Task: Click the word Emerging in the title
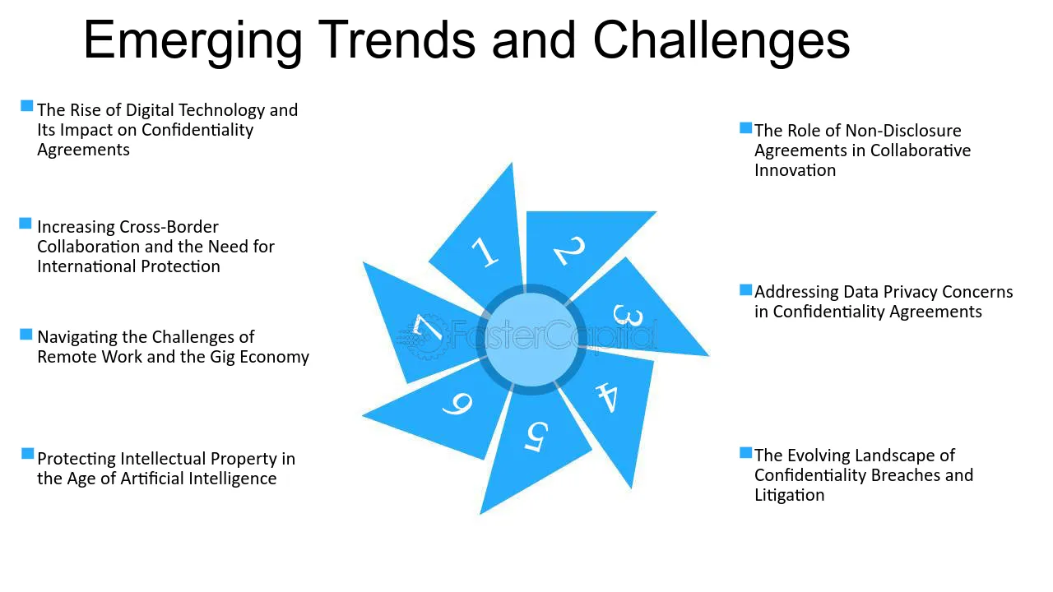coord(193,42)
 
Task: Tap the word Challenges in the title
coord(721,40)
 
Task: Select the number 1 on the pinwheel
coord(485,252)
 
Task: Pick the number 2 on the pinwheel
coord(569,250)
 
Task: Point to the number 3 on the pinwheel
coord(628,315)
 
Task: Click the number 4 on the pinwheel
coord(607,397)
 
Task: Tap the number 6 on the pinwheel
coord(457,404)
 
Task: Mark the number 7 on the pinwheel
coord(426,327)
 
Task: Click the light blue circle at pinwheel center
coord(531,340)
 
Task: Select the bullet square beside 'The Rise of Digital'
coord(27,106)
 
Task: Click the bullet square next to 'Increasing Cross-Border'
coord(26,223)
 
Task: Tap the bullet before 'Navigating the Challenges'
coord(26,335)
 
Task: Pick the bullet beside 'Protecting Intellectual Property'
coord(28,454)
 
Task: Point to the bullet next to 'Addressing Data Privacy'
coord(745,290)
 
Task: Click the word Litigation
coord(789,495)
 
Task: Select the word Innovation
coord(795,170)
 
